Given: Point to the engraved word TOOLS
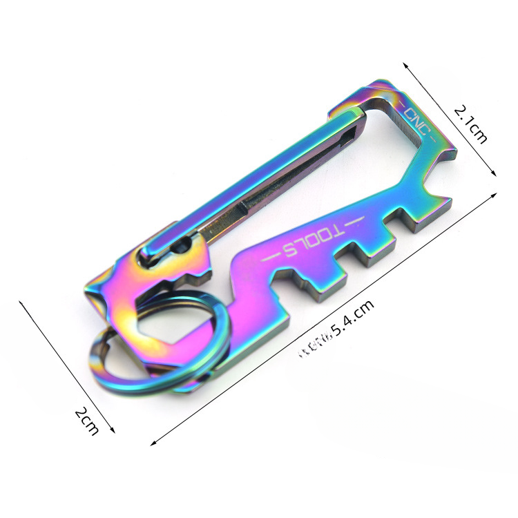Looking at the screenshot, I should (310, 240).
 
